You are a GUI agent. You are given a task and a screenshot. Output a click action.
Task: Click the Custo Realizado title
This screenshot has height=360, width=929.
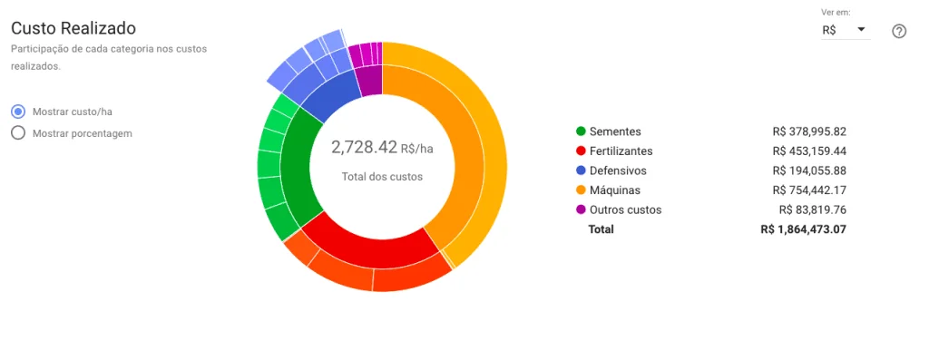(x=73, y=28)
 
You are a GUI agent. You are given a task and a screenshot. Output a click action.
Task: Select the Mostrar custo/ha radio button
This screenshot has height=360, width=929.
(x=18, y=112)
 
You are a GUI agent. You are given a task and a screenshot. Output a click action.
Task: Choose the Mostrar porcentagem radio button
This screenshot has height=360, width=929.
(x=18, y=133)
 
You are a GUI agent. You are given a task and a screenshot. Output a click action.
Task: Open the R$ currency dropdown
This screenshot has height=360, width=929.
(x=844, y=30)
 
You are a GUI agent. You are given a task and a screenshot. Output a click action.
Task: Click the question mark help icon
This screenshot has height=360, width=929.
(x=899, y=32)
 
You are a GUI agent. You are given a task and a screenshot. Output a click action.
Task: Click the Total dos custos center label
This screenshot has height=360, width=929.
(x=382, y=177)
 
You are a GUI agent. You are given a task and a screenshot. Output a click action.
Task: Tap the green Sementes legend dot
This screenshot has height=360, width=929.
(x=581, y=131)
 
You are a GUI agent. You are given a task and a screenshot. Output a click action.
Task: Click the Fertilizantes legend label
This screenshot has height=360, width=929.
(x=621, y=151)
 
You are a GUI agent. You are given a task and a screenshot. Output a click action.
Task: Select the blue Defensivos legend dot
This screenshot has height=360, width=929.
(x=581, y=170)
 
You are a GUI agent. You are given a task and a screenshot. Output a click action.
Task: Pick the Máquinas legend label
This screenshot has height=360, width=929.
(x=614, y=190)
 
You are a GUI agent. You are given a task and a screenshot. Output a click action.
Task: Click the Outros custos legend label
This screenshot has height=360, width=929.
(x=625, y=210)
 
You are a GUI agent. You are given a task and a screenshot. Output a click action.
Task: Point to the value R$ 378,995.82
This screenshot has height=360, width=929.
(x=809, y=131)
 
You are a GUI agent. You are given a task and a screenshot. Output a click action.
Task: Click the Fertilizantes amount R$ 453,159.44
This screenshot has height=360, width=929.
(x=809, y=151)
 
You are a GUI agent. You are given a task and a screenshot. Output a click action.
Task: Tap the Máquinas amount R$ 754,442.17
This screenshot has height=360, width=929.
(x=809, y=190)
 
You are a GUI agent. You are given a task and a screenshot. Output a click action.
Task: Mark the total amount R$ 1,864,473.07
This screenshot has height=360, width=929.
(x=803, y=229)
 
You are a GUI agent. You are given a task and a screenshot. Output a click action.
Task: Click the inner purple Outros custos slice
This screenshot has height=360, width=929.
(x=370, y=82)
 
